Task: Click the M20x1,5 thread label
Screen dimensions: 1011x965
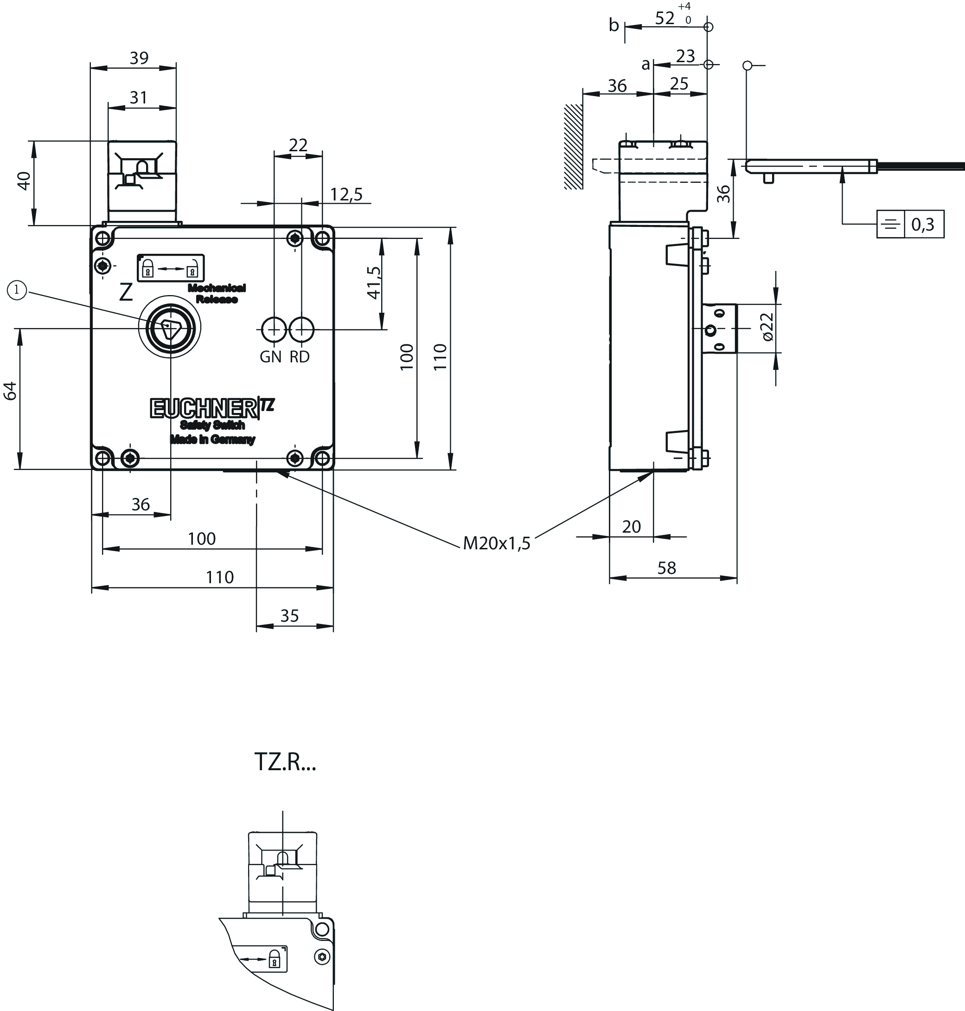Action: tap(496, 543)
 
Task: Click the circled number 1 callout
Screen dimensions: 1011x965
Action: tap(16, 290)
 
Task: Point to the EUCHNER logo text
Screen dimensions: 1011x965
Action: tap(203, 408)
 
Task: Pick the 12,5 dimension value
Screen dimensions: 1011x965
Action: tap(346, 194)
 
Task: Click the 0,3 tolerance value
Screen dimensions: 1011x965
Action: tap(923, 225)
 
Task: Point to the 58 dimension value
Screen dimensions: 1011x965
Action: tap(667, 568)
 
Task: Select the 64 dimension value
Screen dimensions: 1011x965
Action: tap(10, 391)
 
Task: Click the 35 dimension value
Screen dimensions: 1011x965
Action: tap(290, 616)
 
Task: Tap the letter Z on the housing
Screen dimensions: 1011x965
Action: tap(126, 292)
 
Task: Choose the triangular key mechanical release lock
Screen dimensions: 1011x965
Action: tap(170, 328)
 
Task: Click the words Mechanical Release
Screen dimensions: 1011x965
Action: tap(217, 293)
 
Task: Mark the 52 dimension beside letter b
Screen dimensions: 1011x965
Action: tap(665, 19)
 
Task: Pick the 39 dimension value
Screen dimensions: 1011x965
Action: tap(139, 58)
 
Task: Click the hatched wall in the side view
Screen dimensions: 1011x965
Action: tap(574, 147)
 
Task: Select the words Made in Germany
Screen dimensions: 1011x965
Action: tap(212, 439)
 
